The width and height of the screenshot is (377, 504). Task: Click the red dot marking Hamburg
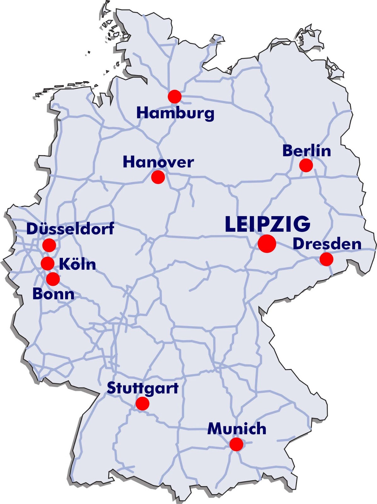(175, 96)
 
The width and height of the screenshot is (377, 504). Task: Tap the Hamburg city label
(175, 113)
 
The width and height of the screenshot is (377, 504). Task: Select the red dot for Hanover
(158, 177)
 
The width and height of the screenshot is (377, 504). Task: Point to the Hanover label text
(158, 162)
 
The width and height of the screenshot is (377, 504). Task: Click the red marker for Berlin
(306, 165)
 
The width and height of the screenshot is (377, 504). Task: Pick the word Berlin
(307, 151)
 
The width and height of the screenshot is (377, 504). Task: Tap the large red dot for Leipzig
(267, 243)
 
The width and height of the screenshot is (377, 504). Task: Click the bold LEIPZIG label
(268, 224)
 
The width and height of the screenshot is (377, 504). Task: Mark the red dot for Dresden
(326, 259)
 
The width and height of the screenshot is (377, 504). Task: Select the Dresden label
(327, 244)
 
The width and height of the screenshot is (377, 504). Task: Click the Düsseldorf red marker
(49, 245)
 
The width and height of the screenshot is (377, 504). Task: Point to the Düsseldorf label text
(70, 228)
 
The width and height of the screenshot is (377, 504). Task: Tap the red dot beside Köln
(48, 263)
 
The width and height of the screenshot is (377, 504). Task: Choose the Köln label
(77, 264)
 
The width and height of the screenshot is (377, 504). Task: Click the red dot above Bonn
(53, 279)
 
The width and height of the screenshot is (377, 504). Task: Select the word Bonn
(53, 294)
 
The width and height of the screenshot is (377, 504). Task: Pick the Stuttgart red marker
(142, 404)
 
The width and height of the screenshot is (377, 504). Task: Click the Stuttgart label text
(143, 388)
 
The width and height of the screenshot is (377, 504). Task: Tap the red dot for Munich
(236, 444)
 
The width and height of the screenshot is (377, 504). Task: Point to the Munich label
(237, 429)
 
